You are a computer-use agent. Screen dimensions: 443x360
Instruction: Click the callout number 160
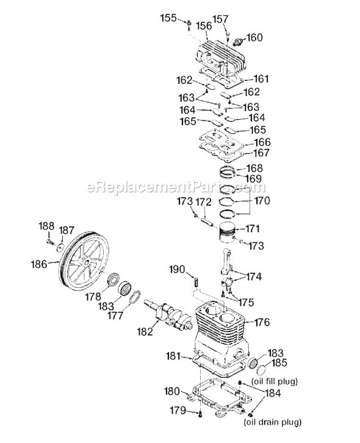coord(254,38)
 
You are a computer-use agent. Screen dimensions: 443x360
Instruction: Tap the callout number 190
coord(176,270)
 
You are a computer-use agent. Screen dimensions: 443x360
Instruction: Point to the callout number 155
coord(168,18)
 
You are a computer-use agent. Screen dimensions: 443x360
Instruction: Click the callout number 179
coord(178,410)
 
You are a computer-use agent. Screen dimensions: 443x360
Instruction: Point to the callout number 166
coord(262,142)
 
